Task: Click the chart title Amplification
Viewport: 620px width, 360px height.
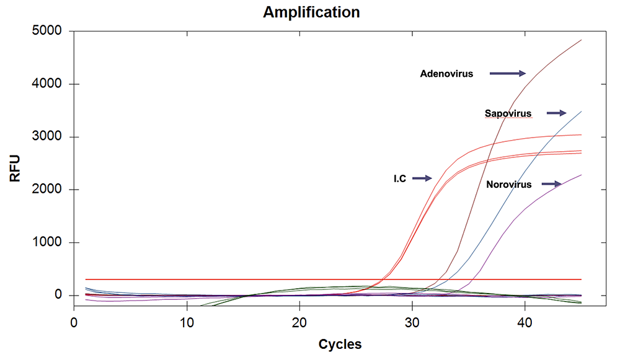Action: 311,12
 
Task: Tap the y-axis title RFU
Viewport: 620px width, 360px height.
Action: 15,168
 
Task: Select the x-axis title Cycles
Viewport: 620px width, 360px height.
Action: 340,344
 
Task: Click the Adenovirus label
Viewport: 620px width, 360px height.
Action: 446,74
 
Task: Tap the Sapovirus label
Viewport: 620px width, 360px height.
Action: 508,113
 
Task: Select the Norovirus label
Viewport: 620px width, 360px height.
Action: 509,184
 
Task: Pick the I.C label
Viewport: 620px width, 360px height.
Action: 400,178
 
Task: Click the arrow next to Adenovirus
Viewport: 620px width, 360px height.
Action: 508,74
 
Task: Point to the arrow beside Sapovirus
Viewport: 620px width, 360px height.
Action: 556,113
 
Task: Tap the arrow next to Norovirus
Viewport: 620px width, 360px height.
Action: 551,183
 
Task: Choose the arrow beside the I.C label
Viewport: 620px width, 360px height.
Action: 422,178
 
